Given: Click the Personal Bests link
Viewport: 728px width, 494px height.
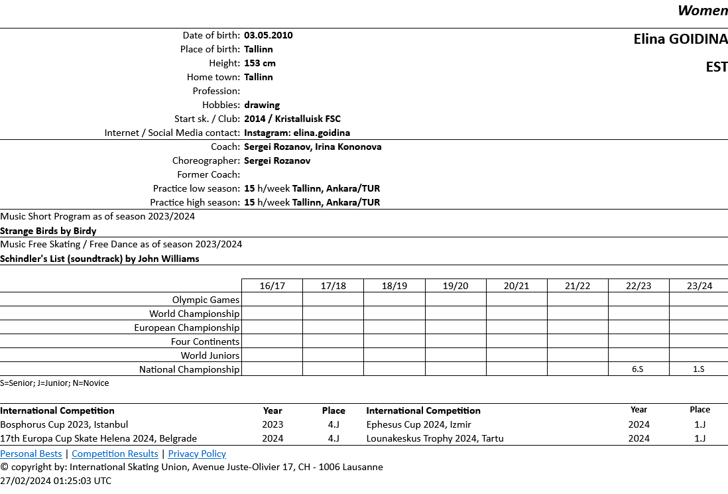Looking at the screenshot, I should click(x=31, y=454).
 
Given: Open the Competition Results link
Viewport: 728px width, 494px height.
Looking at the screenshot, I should click(x=115, y=454).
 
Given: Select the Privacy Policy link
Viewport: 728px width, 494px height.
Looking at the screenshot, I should click(x=197, y=454).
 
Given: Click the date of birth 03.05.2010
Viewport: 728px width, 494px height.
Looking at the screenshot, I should click(x=269, y=35).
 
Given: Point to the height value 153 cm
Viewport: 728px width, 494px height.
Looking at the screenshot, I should click(x=260, y=63).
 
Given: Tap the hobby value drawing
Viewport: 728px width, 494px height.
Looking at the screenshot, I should click(x=262, y=105).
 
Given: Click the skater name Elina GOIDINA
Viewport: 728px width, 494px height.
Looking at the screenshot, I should click(x=680, y=39).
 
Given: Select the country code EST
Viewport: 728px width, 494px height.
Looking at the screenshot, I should click(x=717, y=67).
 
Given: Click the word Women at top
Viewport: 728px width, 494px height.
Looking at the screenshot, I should click(x=702, y=11).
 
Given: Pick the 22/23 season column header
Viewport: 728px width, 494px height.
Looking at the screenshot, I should click(x=638, y=286).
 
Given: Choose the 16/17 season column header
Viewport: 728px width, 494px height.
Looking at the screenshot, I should click(x=272, y=286).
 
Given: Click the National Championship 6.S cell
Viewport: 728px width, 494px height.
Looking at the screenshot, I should click(x=638, y=369).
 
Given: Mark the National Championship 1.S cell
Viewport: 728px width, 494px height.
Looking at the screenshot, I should click(x=699, y=369).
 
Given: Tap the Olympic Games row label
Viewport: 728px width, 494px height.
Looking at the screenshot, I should click(x=206, y=300).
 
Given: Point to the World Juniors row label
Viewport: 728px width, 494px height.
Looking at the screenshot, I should click(x=210, y=355).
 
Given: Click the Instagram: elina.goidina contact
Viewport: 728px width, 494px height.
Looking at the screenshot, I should click(x=297, y=133).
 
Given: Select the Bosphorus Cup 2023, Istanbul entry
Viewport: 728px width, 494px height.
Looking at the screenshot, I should click(x=64, y=424).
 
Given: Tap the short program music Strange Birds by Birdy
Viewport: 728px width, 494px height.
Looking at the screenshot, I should click(x=48, y=231).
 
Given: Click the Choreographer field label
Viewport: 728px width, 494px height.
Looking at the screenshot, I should click(x=206, y=160).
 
